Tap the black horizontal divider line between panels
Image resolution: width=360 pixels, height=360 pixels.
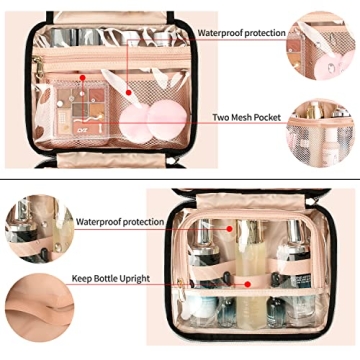coord(180,180)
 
